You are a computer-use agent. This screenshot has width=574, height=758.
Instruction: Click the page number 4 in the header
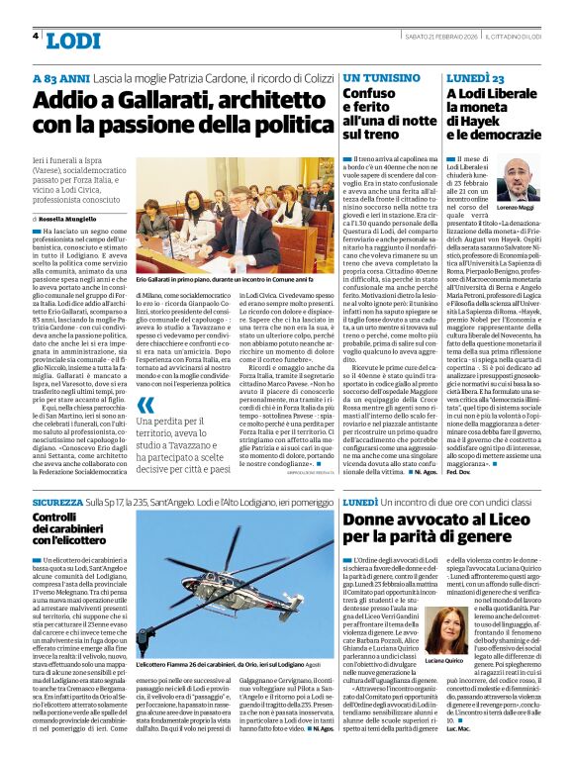coord(36,36)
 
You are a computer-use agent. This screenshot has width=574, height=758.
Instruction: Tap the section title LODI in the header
coord(73,40)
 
